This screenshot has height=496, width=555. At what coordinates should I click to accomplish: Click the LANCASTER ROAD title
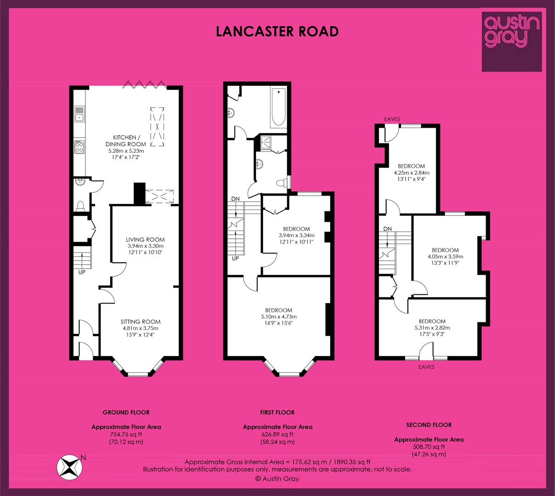pos(277,32)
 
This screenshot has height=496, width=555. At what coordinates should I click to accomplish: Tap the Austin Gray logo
pos(512,42)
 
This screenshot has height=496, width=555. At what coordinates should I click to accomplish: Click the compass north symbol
pos(69,467)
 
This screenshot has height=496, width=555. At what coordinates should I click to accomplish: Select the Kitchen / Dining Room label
pos(126,141)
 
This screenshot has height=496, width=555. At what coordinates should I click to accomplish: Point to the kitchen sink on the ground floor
pos(79,114)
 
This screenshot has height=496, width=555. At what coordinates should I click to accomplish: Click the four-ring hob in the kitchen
pos(79,147)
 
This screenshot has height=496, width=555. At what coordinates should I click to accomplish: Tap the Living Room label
pos(145,240)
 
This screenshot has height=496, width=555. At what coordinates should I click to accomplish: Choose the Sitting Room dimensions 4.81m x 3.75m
pos(140,328)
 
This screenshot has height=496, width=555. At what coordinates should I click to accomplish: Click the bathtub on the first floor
pos(278,107)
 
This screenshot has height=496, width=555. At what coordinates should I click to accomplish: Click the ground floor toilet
pos(80,206)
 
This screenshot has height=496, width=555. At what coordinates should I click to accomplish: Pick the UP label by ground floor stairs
pos(82,272)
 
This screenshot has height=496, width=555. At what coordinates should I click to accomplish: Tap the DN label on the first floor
pos(235,198)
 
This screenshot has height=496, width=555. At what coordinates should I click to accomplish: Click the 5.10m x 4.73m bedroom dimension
pos(278,316)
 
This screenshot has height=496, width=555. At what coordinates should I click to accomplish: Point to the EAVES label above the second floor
pos(392,119)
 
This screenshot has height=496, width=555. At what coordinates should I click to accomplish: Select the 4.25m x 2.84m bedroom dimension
pos(412,173)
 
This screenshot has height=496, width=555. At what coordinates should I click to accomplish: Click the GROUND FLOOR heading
pos(126,412)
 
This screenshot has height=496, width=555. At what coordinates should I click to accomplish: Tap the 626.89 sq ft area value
pos(277,434)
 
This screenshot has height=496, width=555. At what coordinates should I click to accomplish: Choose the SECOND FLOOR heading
pos(429,425)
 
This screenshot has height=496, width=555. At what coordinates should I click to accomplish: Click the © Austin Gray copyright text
pos(277,479)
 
